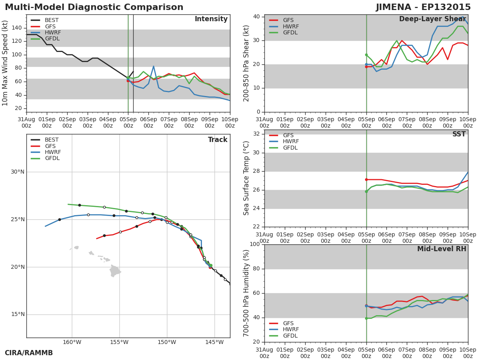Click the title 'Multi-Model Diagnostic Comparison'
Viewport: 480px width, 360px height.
coord(94,7)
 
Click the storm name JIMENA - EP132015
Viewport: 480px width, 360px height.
coord(423,7)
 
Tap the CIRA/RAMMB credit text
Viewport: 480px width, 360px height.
coord(29,353)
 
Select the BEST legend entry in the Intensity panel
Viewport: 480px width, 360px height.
coord(45,20)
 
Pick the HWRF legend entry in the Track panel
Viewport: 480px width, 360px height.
coord(46,152)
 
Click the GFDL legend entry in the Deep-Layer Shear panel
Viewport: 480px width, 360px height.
coord(284,32)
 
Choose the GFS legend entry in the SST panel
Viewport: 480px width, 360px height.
coord(281,135)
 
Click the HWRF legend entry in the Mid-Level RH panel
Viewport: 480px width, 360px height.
coord(284,329)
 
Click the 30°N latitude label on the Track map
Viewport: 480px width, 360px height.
coord(18,172)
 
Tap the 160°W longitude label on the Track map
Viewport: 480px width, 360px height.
coord(72,342)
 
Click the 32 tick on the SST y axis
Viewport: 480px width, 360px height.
coord(256,134)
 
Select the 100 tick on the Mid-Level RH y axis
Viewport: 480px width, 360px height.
coord(255,244)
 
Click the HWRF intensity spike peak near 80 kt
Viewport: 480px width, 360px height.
coord(154,66)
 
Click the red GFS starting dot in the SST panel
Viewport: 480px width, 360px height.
coord(366,180)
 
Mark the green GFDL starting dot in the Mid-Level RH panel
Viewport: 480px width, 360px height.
coord(366,318)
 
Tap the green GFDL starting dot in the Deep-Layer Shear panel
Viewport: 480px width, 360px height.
coord(366,55)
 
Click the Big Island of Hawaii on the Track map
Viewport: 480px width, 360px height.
coord(115,271)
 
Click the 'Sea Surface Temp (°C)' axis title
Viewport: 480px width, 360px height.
coord(246,178)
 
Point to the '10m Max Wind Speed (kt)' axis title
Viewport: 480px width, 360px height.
coord(4,63)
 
